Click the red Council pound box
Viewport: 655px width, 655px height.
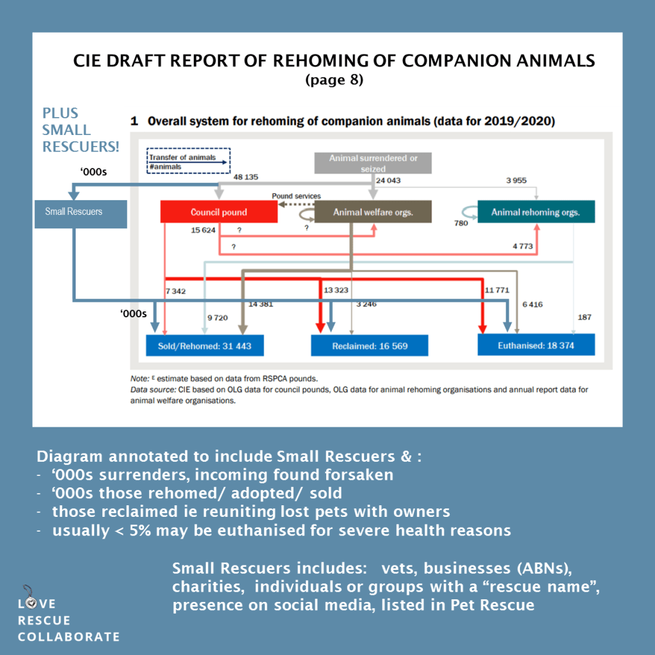[219, 212]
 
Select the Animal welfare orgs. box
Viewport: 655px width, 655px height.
[373, 212]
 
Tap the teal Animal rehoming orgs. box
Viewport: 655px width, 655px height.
[535, 212]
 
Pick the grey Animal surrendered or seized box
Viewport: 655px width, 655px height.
[373, 163]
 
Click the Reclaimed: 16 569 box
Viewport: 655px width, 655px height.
[369, 346]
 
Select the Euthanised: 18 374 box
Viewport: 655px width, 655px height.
[536, 346]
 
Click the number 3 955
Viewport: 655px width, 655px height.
[516, 180]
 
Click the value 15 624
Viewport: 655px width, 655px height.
[205, 230]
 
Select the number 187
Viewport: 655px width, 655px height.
[585, 317]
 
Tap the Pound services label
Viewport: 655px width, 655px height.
[296, 196]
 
